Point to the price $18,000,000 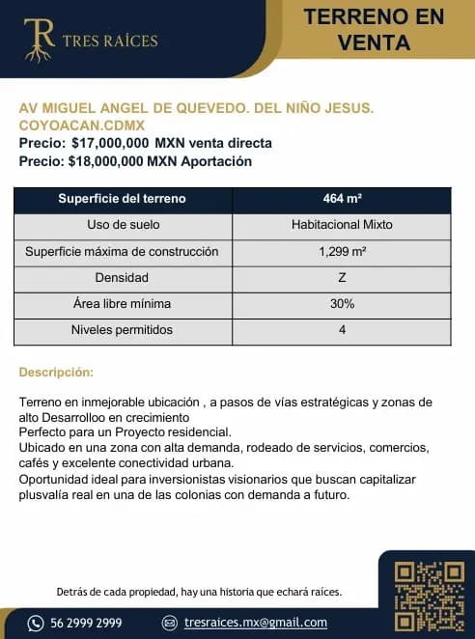point(107,161)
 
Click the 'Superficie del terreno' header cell point(122,199)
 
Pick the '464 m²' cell point(342,199)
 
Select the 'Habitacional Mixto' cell point(342,225)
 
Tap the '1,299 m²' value point(342,252)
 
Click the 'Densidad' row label point(122,278)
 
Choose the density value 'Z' point(342,278)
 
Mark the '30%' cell point(342,304)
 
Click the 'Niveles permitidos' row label point(122,330)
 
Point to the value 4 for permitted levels point(342,330)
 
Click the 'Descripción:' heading point(56,372)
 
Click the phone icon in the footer point(37,623)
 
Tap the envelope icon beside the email point(170,623)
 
